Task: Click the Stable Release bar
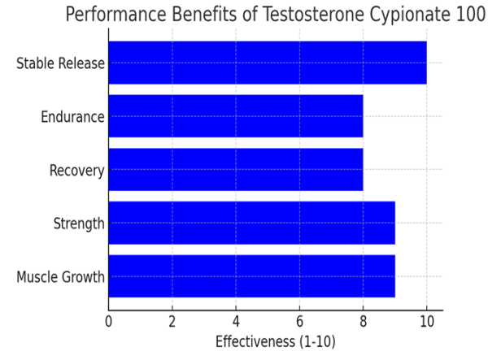click(267, 63)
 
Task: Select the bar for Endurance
click(235, 116)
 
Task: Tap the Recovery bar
click(235, 170)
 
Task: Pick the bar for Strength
click(251, 223)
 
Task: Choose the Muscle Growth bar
click(251, 276)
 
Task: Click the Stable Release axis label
click(60, 63)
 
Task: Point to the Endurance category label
click(72, 117)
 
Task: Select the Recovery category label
click(76, 171)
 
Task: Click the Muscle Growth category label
click(60, 277)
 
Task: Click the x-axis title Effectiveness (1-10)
click(275, 341)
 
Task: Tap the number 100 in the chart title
click(466, 16)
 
